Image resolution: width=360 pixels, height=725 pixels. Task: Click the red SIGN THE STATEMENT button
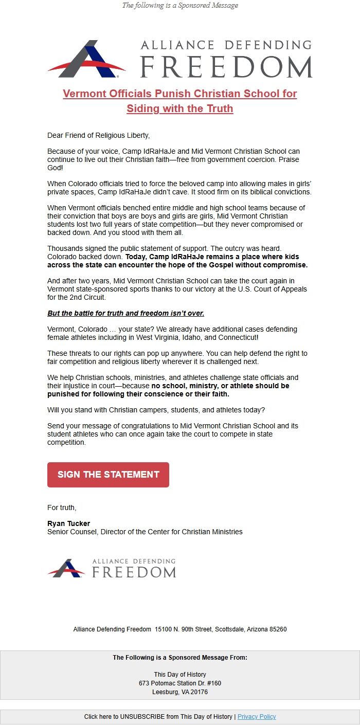coord(108,475)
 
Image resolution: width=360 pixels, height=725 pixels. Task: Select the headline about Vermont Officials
coord(179,101)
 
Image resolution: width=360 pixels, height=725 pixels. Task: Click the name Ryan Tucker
coord(68,523)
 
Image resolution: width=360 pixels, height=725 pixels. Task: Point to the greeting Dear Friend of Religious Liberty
coord(98,135)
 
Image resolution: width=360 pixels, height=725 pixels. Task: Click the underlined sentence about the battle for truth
coord(125,313)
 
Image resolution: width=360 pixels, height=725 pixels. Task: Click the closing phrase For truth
coord(62,507)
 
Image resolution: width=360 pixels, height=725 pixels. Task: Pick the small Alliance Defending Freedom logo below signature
coord(112,568)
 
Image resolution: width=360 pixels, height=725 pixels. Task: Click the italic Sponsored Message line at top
coord(180,6)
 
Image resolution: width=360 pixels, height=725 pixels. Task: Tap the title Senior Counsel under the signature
coord(71,532)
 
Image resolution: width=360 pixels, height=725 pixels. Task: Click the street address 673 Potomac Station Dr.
coord(173,683)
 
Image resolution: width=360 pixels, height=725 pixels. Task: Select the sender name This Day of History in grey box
coord(180,675)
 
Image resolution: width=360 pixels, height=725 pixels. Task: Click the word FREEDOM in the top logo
coord(226,67)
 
